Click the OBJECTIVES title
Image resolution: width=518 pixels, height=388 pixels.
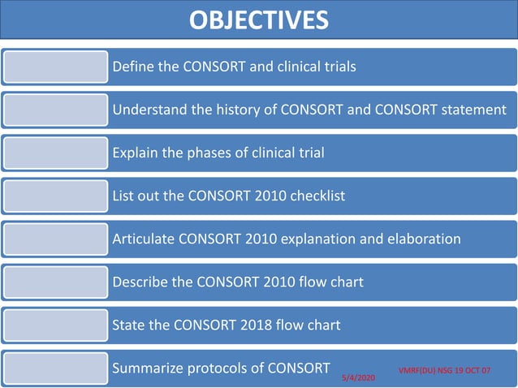click(259, 19)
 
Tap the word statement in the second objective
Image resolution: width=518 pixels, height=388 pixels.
click(474, 110)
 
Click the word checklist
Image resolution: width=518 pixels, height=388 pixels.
click(316, 196)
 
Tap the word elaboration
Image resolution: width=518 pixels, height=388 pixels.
click(423, 239)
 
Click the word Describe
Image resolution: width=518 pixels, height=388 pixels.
click(140, 282)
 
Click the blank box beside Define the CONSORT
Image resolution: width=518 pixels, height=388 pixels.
click(55, 67)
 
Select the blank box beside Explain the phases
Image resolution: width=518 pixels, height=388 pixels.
click(55, 153)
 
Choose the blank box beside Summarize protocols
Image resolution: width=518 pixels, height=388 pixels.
click(55, 368)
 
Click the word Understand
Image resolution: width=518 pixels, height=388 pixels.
click(147, 110)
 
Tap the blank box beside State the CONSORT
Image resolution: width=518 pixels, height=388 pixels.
click(55, 325)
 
